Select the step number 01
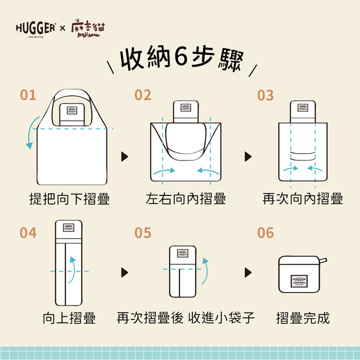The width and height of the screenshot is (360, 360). point(28,95)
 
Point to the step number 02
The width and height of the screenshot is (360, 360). point(143,95)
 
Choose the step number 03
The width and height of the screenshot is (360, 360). point(265,95)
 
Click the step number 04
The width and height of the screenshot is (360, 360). point(28,233)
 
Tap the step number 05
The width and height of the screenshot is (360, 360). point(143,233)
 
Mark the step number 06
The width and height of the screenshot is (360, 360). point(265,233)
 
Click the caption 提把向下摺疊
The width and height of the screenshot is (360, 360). point(69,199)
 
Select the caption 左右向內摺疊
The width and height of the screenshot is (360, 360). point(186,199)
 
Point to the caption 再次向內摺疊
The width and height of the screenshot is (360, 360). point(302,199)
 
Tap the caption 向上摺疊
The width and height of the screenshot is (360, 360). point(69,318)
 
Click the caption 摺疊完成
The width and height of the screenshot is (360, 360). point(302,318)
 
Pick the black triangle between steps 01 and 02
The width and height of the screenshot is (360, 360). point(124,157)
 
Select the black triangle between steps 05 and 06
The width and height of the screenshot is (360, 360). point(248,272)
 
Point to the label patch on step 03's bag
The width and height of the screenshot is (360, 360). point(302,108)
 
